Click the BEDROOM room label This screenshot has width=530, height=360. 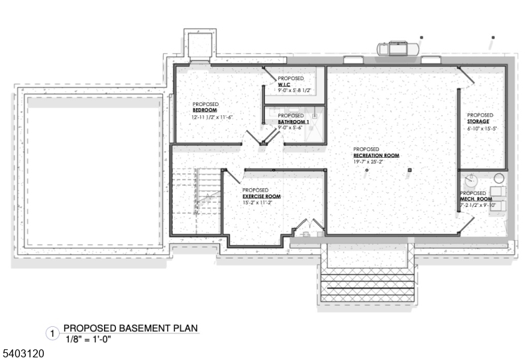click(x=205, y=110)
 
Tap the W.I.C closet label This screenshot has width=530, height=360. click(x=284, y=84)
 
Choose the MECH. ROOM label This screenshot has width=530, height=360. click(x=476, y=199)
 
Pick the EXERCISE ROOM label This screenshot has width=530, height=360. click(x=262, y=197)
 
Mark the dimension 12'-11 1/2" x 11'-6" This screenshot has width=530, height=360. click(x=213, y=117)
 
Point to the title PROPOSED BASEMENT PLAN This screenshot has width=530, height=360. click(x=131, y=328)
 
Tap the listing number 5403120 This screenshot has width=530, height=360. click(x=23, y=354)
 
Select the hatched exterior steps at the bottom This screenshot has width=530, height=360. click(x=368, y=284)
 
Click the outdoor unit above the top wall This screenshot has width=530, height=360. click(x=396, y=48)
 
